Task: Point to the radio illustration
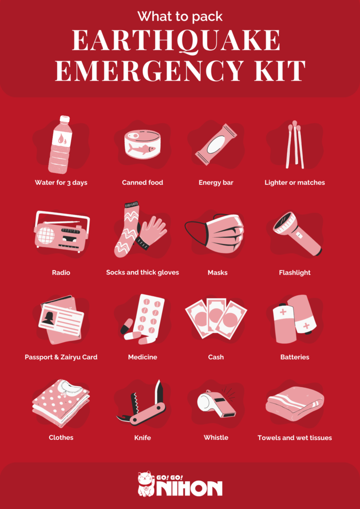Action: pos(62,232)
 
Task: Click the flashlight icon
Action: pos(297,233)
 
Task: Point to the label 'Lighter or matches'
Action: pos(294,182)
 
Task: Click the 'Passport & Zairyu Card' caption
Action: pos(61,357)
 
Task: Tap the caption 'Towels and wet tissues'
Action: pos(294,437)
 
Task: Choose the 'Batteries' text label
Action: pos(294,357)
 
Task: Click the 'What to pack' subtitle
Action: pos(180,16)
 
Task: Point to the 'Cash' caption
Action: pos(216,357)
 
